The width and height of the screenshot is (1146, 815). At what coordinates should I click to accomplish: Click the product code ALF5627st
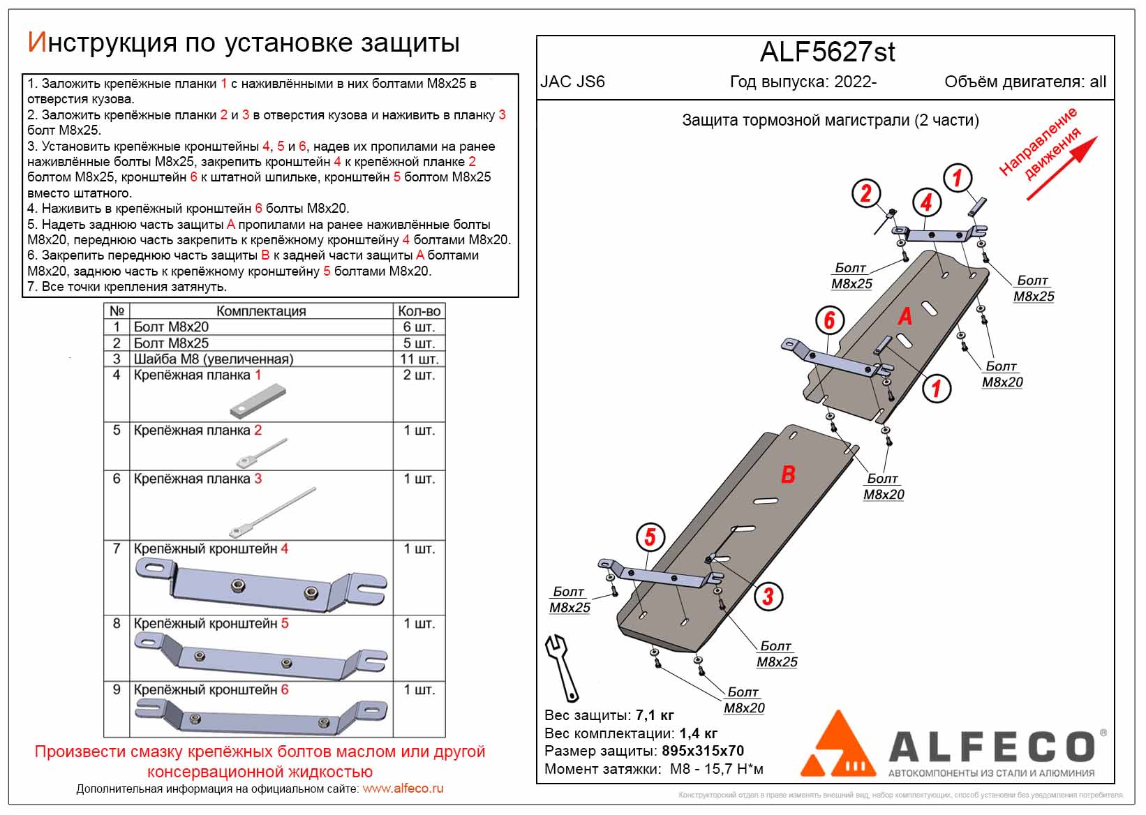tap(827, 52)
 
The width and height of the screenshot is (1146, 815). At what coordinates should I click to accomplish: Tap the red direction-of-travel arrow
tap(1062, 168)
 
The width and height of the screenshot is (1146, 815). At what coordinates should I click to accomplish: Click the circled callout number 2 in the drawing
tap(866, 193)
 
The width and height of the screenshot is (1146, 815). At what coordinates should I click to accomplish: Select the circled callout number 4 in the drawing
tap(926, 202)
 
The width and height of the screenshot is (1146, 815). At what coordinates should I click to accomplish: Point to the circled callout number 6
tap(829, 320)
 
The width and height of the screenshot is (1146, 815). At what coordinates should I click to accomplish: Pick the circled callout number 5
tap(650, 537)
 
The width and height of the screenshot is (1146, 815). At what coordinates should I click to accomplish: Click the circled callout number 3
tap(768, 595)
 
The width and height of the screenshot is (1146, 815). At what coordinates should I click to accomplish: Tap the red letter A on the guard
tap(905, 317)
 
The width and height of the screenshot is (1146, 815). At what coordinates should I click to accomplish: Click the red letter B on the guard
tap(788, 475)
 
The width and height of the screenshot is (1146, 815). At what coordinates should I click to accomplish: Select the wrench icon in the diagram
tap(562, 667)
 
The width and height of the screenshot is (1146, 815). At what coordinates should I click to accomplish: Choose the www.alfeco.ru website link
tap(403, 788)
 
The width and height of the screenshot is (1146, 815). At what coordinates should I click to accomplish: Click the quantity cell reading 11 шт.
tap(419, 359)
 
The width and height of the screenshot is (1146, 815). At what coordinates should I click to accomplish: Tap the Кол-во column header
tap(419, 311)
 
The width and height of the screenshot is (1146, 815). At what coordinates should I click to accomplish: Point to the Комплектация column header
tap(261, 311)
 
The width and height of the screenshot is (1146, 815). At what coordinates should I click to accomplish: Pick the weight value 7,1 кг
tap(655, 715)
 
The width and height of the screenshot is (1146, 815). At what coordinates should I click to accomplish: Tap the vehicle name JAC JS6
tap(572, 82)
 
